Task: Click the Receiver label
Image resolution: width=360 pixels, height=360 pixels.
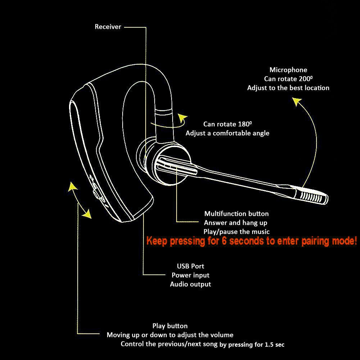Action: coord(108,27)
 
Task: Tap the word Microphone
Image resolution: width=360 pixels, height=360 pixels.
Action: coord(288,70)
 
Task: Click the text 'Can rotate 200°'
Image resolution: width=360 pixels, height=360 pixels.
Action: coord(290,79)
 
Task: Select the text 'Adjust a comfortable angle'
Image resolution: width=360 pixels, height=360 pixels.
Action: coord(227,133)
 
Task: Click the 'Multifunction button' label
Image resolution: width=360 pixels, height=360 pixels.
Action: coord(236,214)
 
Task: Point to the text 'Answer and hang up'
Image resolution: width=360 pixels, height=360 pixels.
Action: coord(236,223)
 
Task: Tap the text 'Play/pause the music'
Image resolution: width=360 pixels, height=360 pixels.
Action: coord(236,232)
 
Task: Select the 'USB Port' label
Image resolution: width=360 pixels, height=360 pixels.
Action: coord(190,266)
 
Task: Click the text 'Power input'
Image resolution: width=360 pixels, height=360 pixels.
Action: coord(190,275)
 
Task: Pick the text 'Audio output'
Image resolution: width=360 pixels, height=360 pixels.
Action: coord(190,284)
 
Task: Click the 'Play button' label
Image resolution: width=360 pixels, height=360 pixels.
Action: coord(170,326)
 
